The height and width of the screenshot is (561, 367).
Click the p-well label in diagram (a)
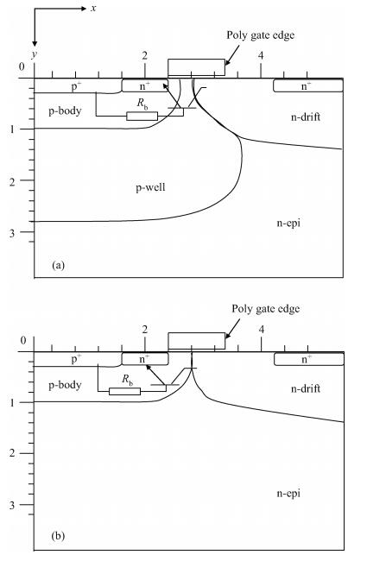pos(150,187)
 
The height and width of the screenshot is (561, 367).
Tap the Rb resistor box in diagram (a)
pos(142,116)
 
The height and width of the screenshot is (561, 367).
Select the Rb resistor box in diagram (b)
pos(124,391)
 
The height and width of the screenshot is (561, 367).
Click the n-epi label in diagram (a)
pos(288,224)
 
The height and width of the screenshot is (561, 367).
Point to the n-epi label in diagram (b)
pos(288,494)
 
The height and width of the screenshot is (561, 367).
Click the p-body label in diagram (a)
pos(65,111)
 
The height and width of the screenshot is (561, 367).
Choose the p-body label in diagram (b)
pos(65,385)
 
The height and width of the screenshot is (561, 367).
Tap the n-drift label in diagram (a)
pos(306,117)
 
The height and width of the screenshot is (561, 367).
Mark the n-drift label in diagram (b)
pos(306,388)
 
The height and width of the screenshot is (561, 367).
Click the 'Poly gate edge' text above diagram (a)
pos(260,35)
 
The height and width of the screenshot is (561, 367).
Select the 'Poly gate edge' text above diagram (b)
pos(265,309)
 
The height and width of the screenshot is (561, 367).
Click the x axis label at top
pos(93,9)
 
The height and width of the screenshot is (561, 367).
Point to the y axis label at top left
pos(35,54)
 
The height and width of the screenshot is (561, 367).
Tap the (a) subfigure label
pos(58,265)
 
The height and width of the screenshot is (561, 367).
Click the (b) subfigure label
pos(58,536)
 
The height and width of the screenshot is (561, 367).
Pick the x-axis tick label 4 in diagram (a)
pos(261,55)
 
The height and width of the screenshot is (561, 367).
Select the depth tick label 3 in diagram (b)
pos(13,505)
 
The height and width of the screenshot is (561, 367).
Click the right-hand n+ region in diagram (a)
pos(308,85)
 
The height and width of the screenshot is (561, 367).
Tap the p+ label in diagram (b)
pos(76,358)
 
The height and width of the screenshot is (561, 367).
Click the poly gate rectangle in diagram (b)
pos(197,341)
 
